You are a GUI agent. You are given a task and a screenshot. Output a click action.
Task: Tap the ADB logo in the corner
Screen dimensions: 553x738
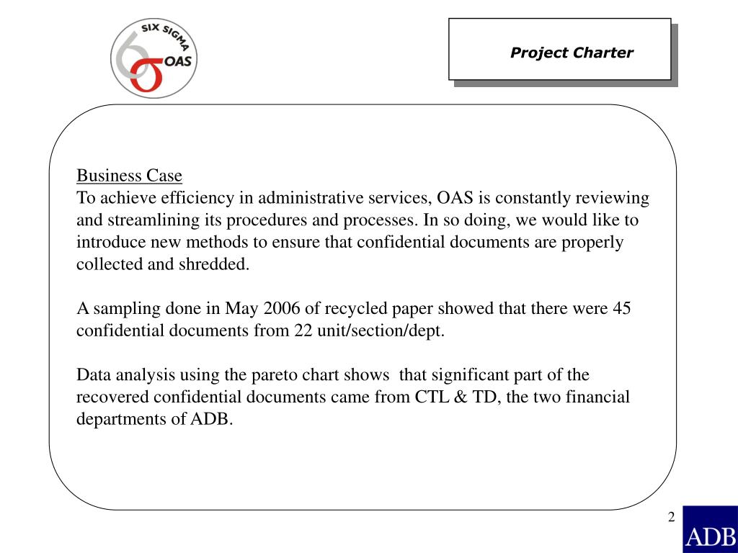[709, 529]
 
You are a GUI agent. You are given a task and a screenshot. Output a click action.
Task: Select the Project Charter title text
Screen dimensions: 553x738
[572, 53]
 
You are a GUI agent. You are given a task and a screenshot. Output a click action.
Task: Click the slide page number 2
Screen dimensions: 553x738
[671, 517]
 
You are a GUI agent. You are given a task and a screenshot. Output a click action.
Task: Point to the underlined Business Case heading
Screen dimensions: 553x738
[129, 176]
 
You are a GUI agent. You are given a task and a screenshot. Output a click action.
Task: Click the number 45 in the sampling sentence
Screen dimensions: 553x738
[621, 308]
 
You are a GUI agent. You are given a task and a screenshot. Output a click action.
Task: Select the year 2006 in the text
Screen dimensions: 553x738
[282, 308]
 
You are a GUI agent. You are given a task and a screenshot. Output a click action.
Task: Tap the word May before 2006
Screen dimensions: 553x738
[241, 308]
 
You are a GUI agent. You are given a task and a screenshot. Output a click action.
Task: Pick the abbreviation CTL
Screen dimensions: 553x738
[432, 397]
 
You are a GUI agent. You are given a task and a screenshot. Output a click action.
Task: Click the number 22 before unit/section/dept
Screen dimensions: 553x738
[303, 331]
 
